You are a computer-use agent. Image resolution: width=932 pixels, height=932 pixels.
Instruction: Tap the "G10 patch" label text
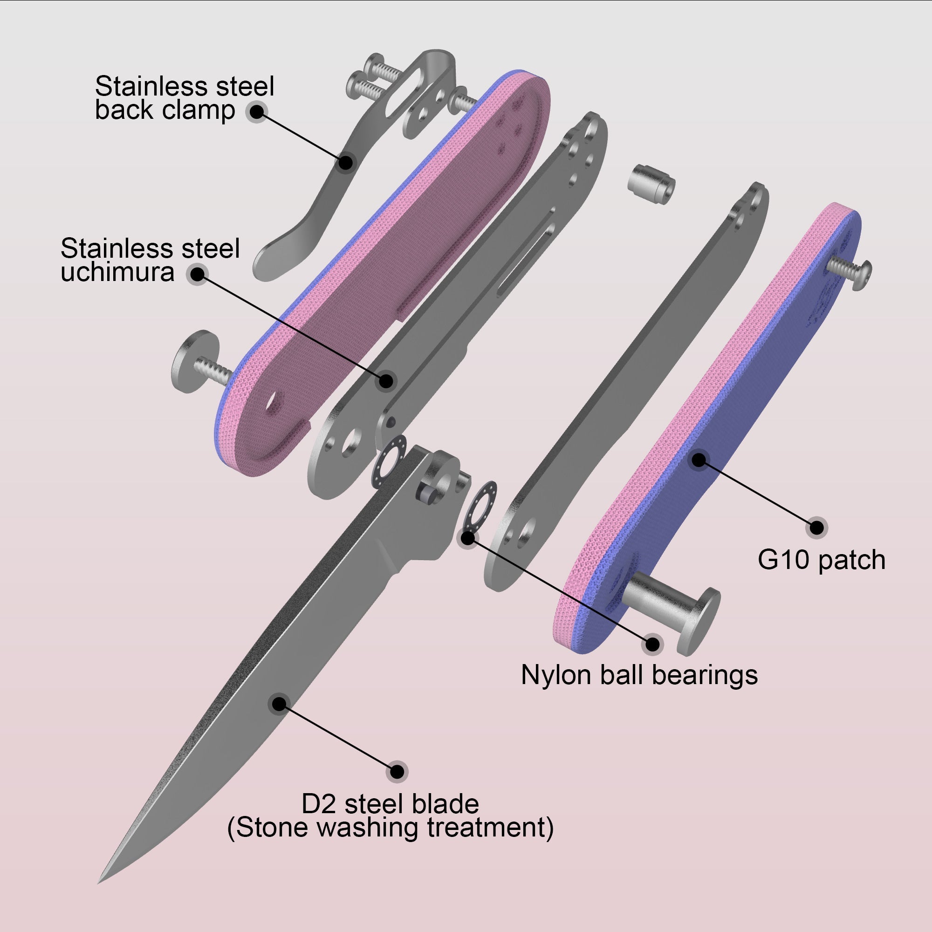[x=821, y=560]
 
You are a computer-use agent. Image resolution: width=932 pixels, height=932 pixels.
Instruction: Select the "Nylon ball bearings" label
[x=639, y=674]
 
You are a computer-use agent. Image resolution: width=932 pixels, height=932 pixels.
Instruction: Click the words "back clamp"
[x=164, y=110]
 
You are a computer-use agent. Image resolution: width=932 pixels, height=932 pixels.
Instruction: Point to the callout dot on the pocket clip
[x=345, y=162]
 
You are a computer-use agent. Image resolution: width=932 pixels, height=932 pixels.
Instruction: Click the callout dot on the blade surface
[x=279, y=704]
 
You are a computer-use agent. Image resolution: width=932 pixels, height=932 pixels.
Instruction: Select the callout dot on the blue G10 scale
[x=699, y=460]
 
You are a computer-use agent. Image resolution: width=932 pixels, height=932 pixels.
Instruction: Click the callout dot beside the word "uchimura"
[x=197, y=274]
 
